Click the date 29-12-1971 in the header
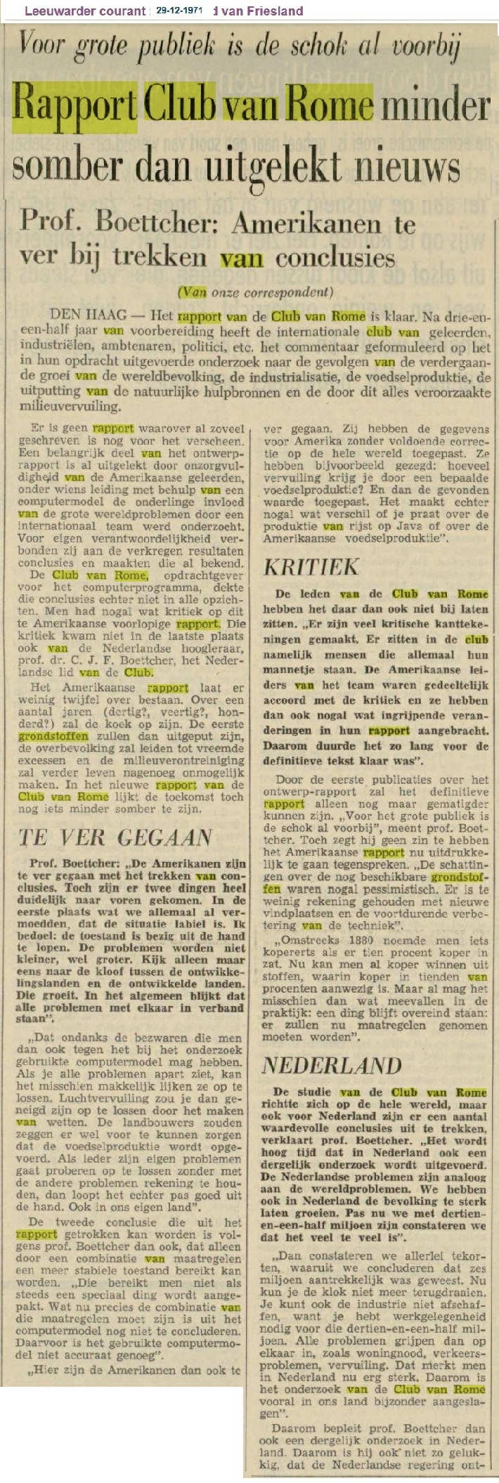tap(180, 11)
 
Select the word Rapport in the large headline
tap(75, 105)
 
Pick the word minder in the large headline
tap(434, 105)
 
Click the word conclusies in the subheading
tap(335, 258)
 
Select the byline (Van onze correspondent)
tap(254, 291)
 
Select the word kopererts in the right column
tap(288, 953)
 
